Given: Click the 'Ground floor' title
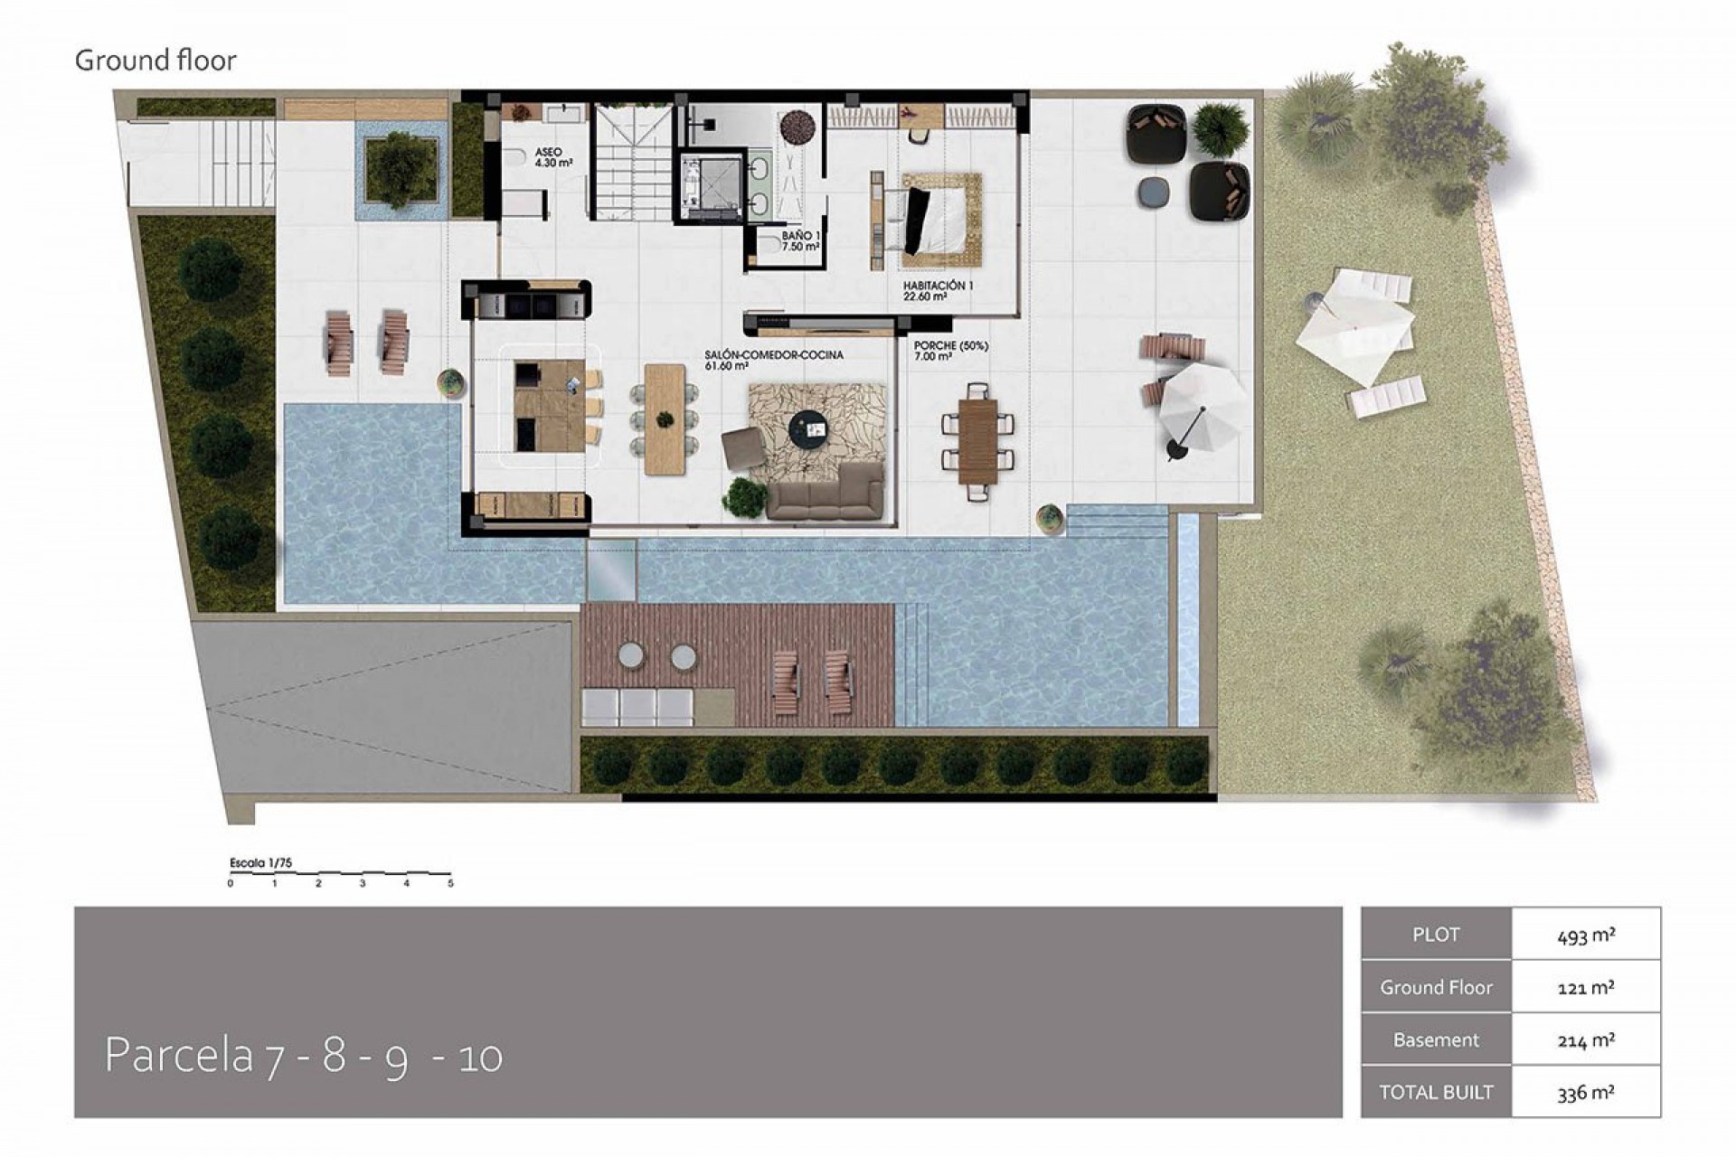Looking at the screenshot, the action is pyautogui.click(x=156, y=61).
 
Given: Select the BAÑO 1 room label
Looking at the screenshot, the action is pyautogui.click(x=801, y=240).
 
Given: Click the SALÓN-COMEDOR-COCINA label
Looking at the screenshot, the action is pyautogui.click(x=774, y=360).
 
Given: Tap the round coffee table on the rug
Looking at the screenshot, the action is pyautogui.click(x=807, y=428).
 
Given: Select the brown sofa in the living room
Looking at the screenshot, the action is pyautogui.click(x=824, y=492).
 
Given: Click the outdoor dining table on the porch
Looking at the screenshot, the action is pyautogui.click(x=977, y=441).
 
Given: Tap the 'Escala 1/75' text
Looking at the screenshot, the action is pyautogui.click(x=261, y=862).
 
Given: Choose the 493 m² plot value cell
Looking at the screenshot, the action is pyautogui.click(x=1586, y=935).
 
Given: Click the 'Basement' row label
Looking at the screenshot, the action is pyautogui.click(x=1436, y=1039).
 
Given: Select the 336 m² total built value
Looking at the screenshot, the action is pyautogui.click(x=1586, y=1092).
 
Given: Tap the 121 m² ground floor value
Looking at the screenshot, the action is pyautogui.click(x=1586, y=987).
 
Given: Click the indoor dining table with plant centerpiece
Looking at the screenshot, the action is pyautogui.click(x=665, y=419).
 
